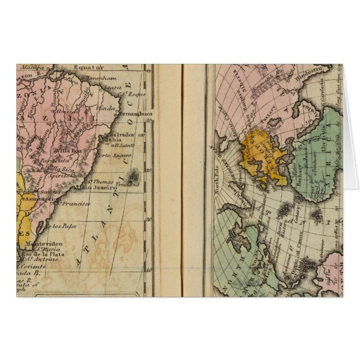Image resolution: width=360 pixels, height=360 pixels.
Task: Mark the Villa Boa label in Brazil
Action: (68, 150)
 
